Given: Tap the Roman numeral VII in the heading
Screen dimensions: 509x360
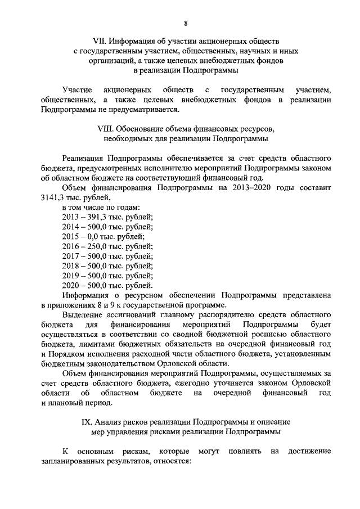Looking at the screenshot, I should click(99, 41).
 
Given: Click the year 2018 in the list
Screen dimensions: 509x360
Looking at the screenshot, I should click(71, 266).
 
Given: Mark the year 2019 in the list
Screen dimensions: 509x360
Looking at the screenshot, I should click(71, 276).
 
